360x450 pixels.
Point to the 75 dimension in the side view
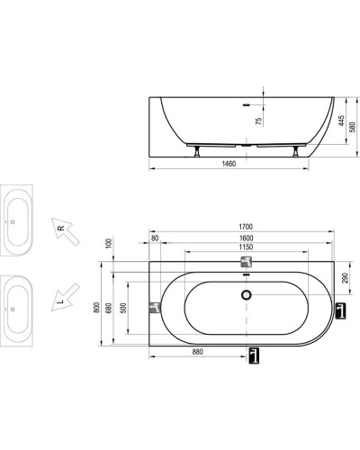click(258, 122)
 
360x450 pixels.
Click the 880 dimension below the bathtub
click(197, 353)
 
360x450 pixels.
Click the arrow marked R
click(64, 232)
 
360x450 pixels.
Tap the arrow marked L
click(64, 294)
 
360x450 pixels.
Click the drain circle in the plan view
click(246, 294)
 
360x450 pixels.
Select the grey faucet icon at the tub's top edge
click(246, 263)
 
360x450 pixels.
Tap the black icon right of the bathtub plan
click(339, 310)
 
